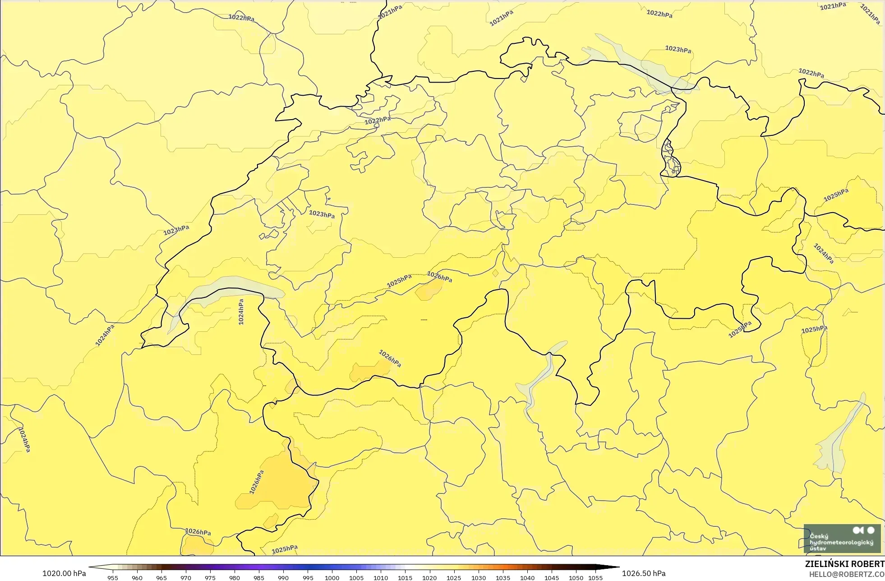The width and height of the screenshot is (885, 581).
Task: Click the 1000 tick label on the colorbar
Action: click(332, 578)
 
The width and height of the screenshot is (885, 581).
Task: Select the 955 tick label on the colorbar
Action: click(113, 578)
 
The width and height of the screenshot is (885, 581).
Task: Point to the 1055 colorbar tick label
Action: click(595, 578)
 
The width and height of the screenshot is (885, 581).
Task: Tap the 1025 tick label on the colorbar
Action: click(454, 578)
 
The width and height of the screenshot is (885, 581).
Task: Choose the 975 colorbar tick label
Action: click(210, 578)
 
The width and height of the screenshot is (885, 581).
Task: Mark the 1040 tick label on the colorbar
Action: click(527, 578)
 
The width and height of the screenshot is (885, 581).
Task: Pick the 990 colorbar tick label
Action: click(283, 578)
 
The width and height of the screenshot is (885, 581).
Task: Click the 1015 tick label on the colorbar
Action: click(405, 578)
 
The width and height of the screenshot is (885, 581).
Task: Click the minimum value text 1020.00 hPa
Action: click(64, 573)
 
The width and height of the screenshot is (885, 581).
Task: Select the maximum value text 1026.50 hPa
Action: click(644, 573)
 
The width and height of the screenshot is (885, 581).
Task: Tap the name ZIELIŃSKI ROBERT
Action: click(844, 564)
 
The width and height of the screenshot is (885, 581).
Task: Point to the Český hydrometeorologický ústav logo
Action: click(842, 539)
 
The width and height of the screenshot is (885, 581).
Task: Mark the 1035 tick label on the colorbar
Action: click(502, 578)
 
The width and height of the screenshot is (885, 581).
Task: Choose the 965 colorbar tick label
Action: click(161, 578)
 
